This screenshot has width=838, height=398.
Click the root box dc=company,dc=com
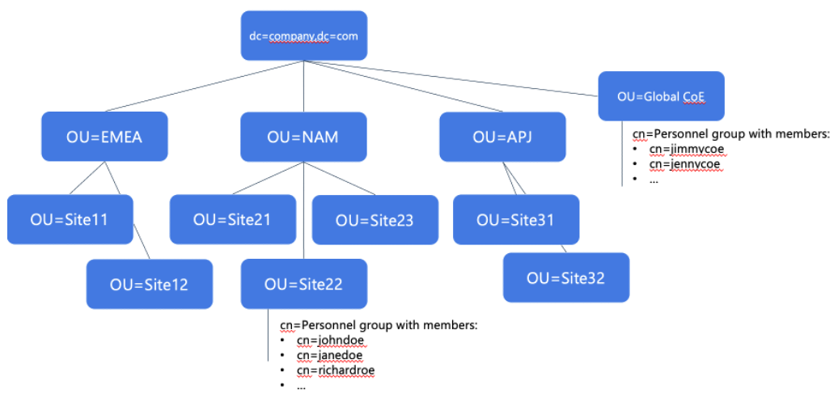(x=303, y=36)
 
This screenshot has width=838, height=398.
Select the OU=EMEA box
(x=104, y=136)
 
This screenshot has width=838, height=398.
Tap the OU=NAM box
(x=303, y=136)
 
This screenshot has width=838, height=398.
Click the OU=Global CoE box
(x=661, y=96)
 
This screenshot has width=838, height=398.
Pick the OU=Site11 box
(x=70, y=218)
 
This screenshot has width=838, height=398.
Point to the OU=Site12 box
(x=150, y=284)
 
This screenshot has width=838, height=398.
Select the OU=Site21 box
(x=232, y=218)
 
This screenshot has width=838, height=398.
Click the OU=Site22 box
(x=303, y=283)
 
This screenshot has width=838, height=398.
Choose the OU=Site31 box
(x=516, y=219)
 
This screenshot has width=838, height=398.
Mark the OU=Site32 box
(x=566, y=277)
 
